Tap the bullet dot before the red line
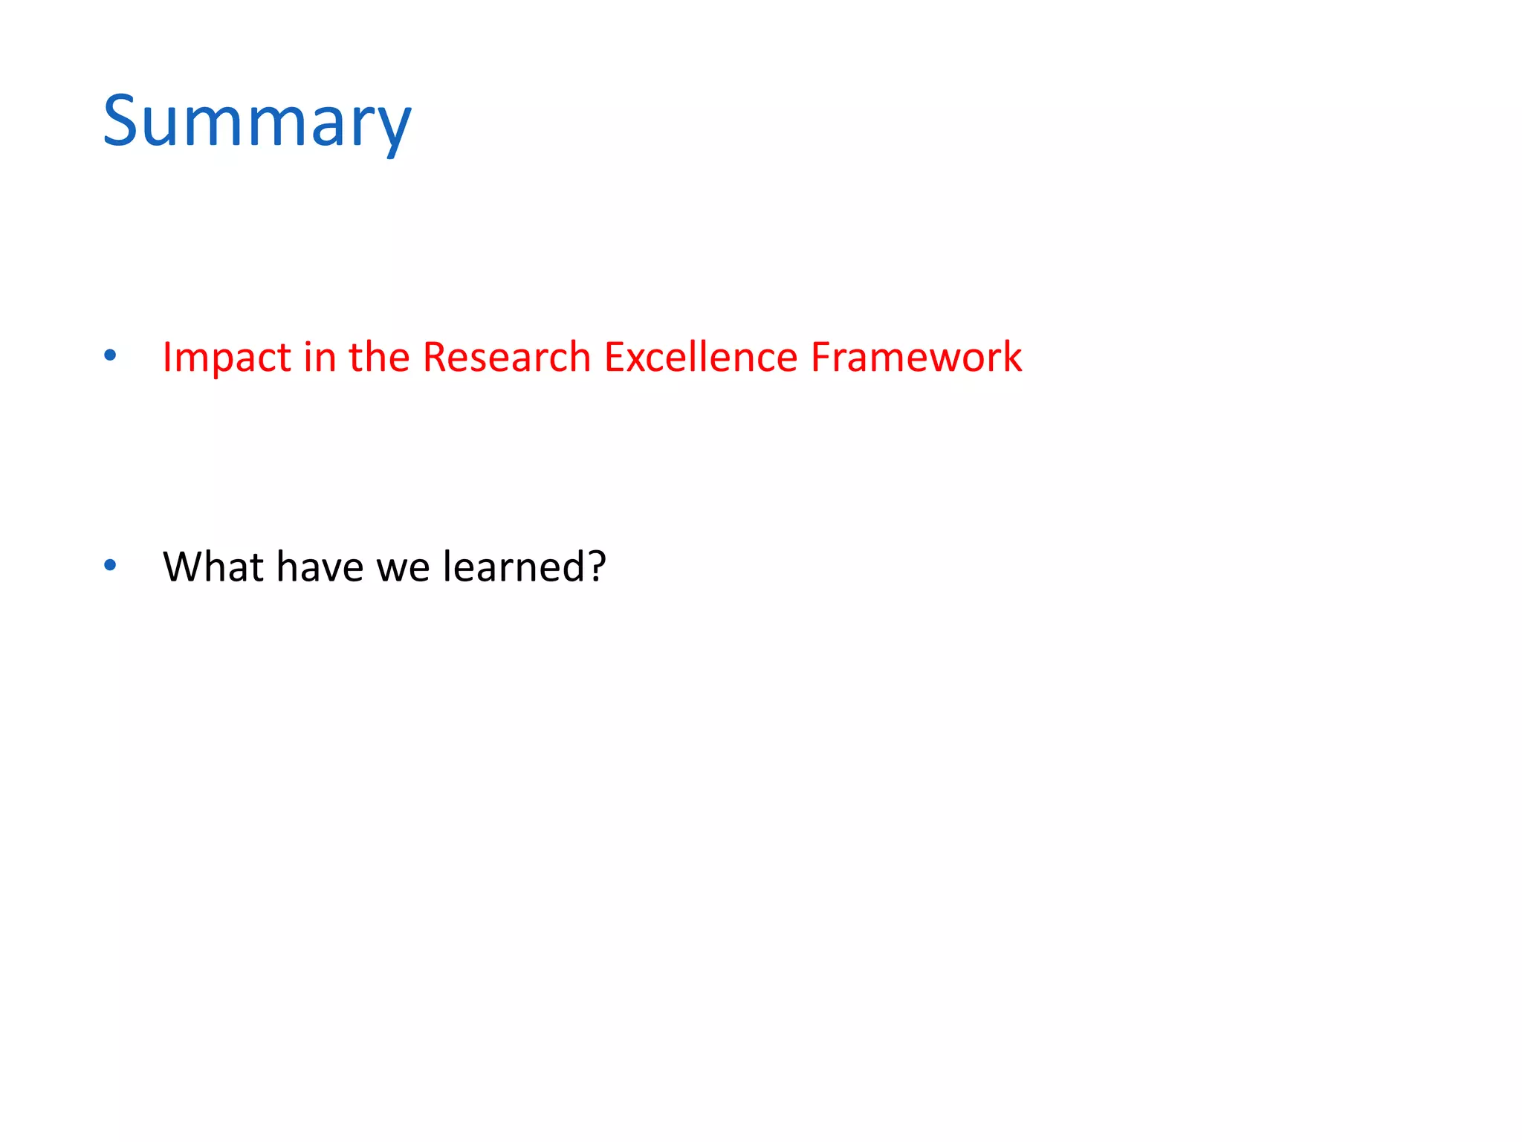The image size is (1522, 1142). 110,355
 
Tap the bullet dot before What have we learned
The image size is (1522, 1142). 110,566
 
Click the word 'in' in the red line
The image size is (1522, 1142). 320,357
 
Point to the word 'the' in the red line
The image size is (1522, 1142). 379,357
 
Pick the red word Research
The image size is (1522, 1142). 506,357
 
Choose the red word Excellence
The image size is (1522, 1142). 700,357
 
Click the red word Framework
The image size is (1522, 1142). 916,357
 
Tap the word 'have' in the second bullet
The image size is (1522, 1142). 320,567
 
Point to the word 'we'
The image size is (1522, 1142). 403,568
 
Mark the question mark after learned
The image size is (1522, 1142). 597,567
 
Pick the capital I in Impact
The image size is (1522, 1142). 167,358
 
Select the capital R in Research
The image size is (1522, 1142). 435,357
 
